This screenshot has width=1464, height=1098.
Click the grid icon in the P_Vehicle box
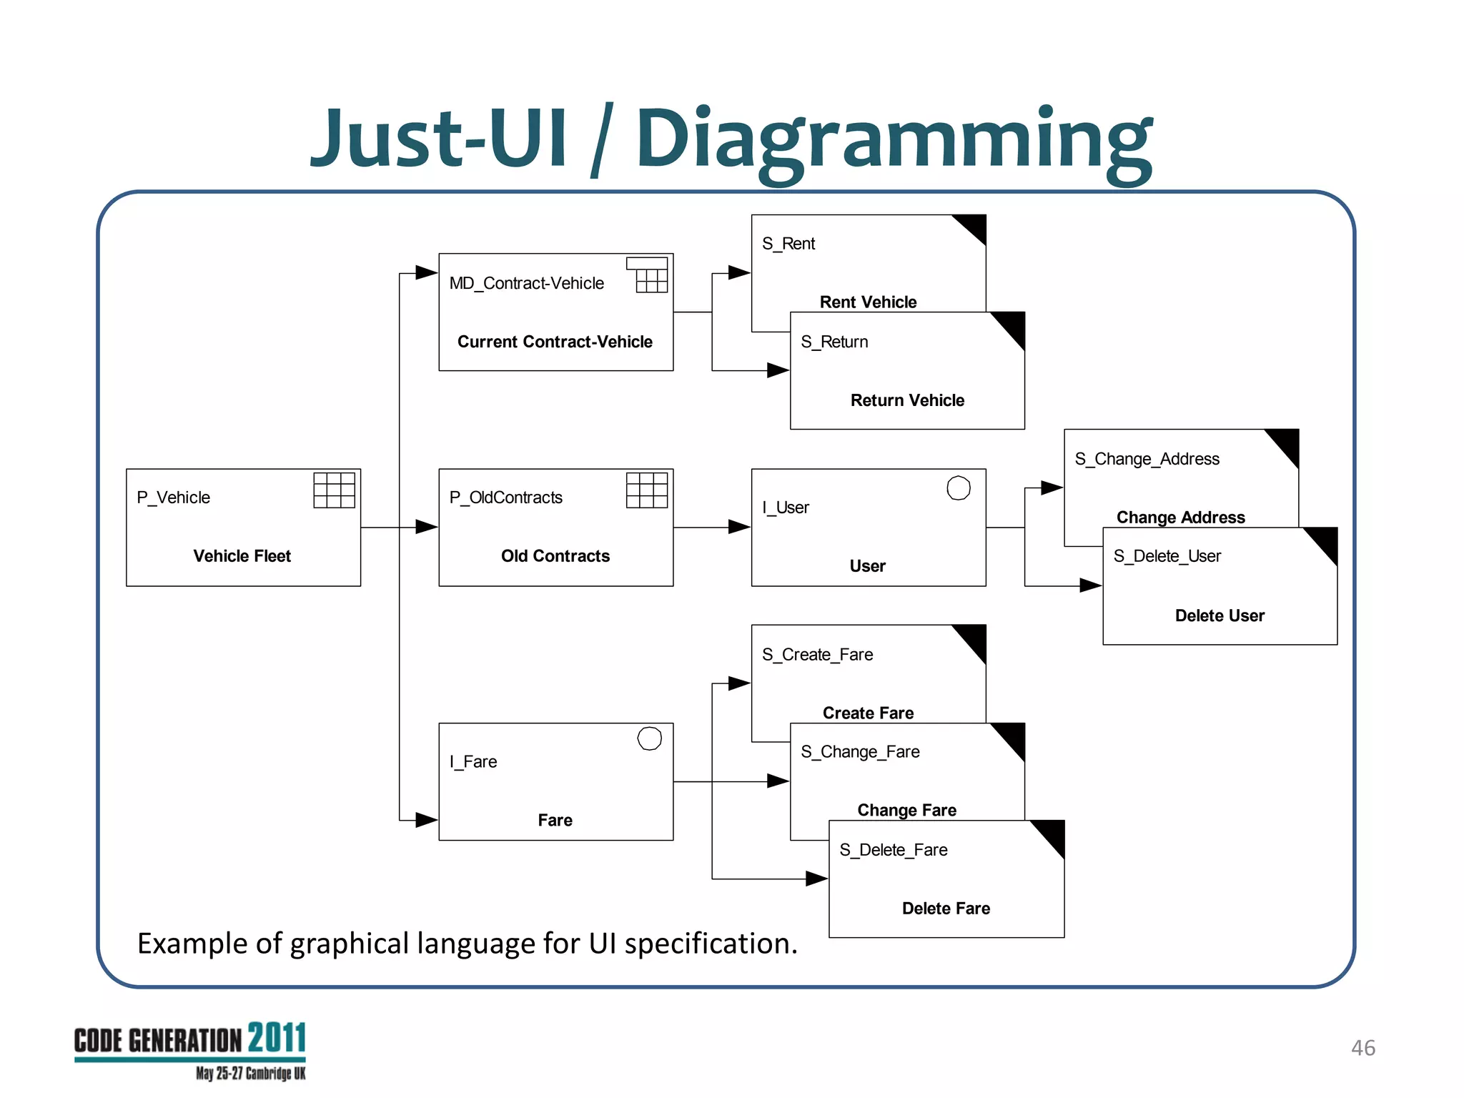[334, 490]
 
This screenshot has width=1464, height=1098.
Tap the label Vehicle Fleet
[242, 556]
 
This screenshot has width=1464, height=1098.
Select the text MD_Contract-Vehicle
[526, 283]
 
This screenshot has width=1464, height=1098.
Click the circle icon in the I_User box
[958, 488]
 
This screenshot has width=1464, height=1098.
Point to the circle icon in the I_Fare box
[649, 738]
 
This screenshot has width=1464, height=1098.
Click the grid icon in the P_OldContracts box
[646, 490]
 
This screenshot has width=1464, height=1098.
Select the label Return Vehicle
[907, 400]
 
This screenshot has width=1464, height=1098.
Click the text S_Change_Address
[1147, 459]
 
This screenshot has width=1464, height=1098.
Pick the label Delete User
[1220, 615]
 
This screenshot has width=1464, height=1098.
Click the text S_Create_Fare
[817, 655]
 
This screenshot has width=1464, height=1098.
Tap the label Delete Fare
[946, 909]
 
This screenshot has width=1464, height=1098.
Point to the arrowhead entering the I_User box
[739, 527]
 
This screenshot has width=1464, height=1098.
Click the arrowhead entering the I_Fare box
[426, 820]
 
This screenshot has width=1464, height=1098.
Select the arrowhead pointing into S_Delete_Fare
[816, 879]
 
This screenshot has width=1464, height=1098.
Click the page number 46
[1362, 1048]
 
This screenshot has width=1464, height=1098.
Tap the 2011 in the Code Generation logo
[277, 1038]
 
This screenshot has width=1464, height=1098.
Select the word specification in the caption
[711, 944]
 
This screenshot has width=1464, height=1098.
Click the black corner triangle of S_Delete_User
[1325, 542]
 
